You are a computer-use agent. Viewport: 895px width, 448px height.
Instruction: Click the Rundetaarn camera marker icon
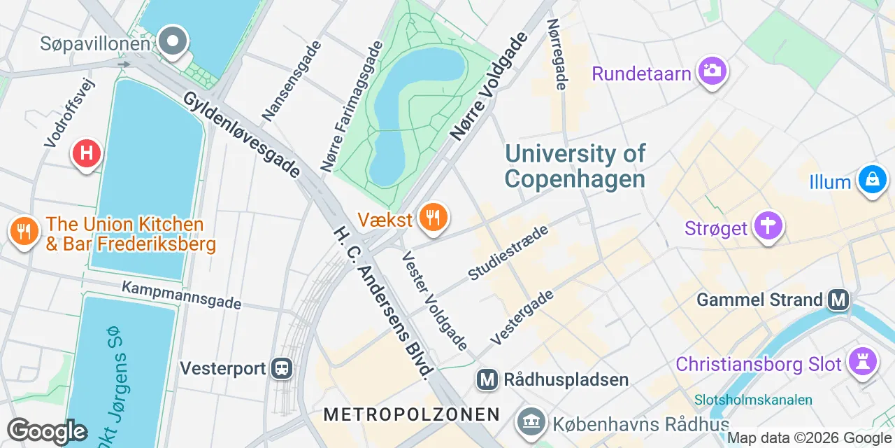click(712, 71)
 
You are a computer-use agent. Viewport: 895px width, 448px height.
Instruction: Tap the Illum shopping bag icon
click(872, 179)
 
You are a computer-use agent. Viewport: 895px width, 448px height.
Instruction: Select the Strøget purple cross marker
click(768, 227)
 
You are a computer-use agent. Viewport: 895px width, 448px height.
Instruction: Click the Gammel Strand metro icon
click(838, 300)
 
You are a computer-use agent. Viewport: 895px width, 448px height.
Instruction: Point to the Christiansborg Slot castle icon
click(862, 362)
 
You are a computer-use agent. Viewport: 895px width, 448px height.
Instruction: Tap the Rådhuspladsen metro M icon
click(487, 380)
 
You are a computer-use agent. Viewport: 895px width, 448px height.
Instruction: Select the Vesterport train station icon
click(282, 367)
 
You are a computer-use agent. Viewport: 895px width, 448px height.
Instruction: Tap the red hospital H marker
click(87, 153)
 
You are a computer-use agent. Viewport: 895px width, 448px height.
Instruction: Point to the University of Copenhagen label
click(575, 166)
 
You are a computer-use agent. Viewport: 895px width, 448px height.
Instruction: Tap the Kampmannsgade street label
click(181, 295)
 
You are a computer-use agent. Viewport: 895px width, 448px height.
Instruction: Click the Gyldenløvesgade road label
click(241, 134)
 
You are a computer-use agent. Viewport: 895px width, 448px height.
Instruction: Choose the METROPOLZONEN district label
click(411, 414)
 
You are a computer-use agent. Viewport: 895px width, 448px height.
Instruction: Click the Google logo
click(47, 430)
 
